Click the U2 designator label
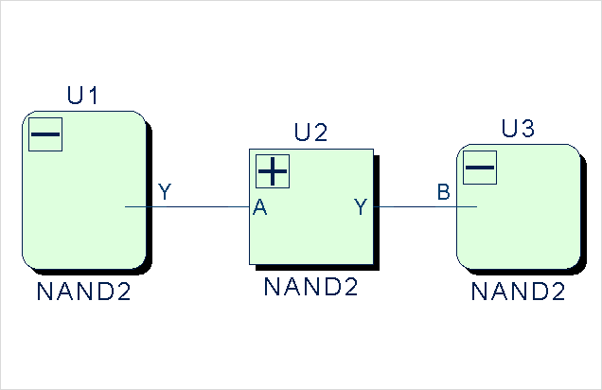coord(310,132)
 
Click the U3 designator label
coord(517,129)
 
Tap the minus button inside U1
coord(45,135)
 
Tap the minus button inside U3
coord(480,168)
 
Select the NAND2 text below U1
coord(83,292)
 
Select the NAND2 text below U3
coord(517,292)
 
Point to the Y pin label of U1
coord(165,193)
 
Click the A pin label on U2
coord(259,209)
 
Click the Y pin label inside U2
coord(361,207)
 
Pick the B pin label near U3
coord(443,193)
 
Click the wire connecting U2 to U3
coord(416,206)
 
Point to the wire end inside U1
coord(127,206)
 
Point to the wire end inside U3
coord(475,206)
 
